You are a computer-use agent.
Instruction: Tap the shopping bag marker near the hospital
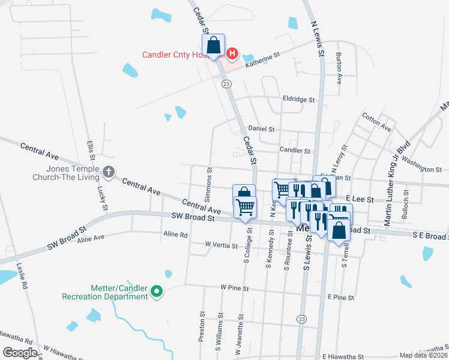click(213, 45)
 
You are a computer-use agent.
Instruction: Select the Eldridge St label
click(299, 99)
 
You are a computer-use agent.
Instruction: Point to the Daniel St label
click(261, 129)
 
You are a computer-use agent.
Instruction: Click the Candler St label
click(295, 151)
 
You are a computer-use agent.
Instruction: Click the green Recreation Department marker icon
click(157, 292)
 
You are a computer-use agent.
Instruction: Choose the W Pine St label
click(234, 288)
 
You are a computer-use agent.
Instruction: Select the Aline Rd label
click(175, 235)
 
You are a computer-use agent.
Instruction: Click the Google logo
click(20, 352)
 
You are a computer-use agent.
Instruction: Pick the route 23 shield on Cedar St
click(226, 84)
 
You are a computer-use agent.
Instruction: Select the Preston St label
click(202, 326)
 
